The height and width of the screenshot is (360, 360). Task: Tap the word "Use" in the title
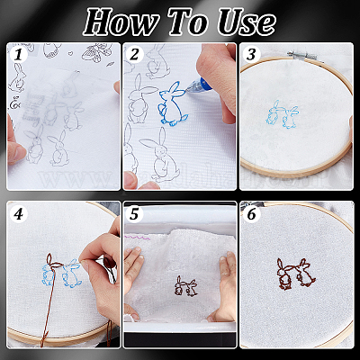pyautogui.click(x=247, y=22)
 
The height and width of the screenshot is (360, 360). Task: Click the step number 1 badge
pyautogui.click(x=18, y=55)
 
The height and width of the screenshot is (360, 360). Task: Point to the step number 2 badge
pyautogui.click(x=135, y=55)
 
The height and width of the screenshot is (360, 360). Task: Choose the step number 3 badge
pyautogui.click(x=251, y=55)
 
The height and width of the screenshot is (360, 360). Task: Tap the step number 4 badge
pyautogui.click(x=18, y=214)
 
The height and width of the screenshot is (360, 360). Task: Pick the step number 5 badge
pyautogui.click(x=135, y=214)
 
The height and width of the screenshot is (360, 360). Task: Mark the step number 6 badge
pyautogui.click(x=251, y=214)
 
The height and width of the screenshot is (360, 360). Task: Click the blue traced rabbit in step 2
pyautogui.click(x=172, y=103)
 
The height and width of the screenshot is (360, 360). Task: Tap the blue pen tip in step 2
pyautogui.click(x=187, y=88)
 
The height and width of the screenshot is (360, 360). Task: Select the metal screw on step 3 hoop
pyautogui.click(x=301, y=56)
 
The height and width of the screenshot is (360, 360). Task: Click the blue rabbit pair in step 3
pyautogui.click(x=282, y=114)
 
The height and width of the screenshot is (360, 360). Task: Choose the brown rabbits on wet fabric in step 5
pyautogui.click(x=186, y=286)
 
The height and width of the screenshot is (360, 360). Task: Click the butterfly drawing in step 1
pyautogui.click(x=96, y=52)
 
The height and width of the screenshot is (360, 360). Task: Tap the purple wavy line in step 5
pyautogui.click(x=138, y=238)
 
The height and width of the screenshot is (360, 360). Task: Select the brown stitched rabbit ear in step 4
pyautogui.click(x=51, y=260)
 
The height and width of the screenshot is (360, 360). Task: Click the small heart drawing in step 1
pyautogui.click(x=71, y=54)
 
